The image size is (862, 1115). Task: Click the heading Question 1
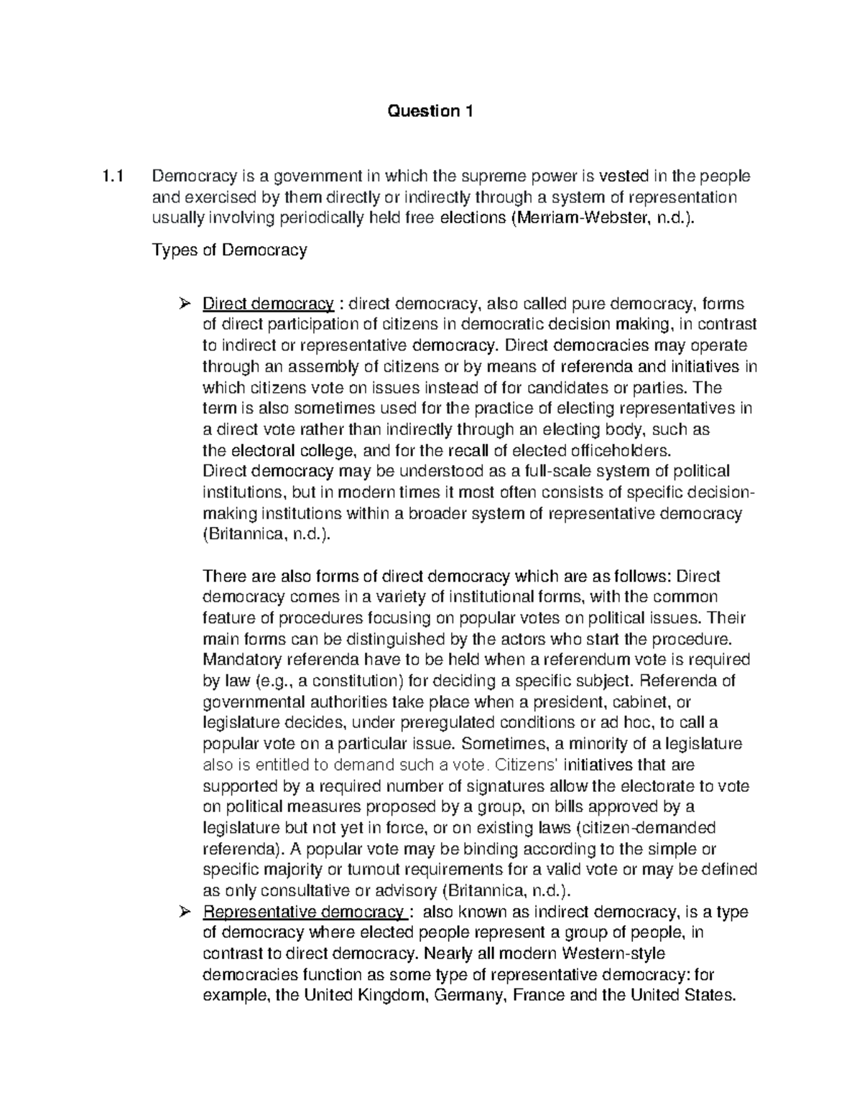click(430, 111)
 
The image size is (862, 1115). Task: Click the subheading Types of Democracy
click(229, 250)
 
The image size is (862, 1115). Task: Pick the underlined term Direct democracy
click(268, 304)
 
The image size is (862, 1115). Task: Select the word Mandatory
click(244, 659)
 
